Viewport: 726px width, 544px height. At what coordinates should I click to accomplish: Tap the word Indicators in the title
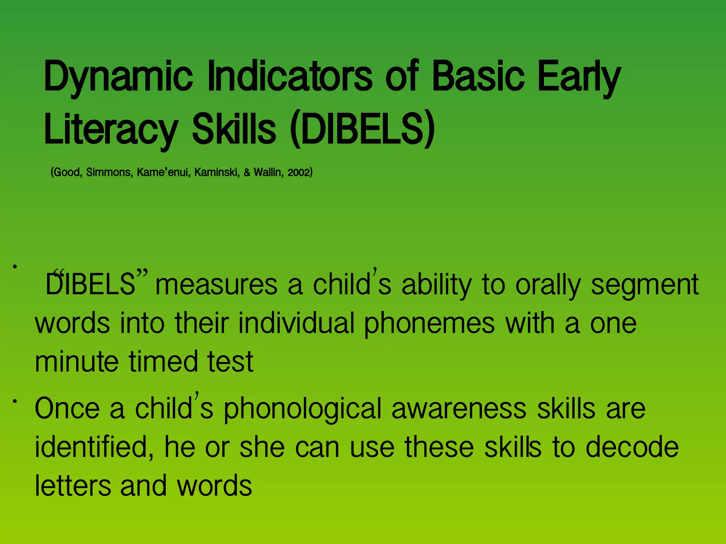(x=290, y=76)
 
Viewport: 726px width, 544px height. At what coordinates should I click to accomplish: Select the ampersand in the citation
(x=247, y=173)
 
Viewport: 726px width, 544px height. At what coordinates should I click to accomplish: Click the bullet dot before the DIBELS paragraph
(x=15, y=266)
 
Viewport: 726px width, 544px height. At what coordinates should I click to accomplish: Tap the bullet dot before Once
(x=15, y=401)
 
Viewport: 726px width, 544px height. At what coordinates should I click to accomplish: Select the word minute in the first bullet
(x=77, y=362)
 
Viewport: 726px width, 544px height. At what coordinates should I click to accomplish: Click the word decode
(x=632, y=447)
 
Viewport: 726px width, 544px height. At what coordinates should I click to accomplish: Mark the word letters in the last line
(x=73, y=486)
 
